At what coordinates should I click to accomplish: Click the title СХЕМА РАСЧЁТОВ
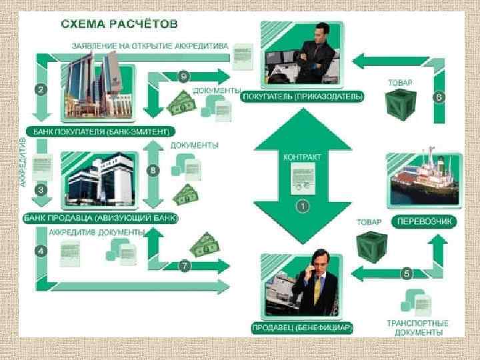[x=119, y=25]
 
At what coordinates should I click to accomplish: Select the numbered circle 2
[x=41, y=89]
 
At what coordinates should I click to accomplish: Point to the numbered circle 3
[x=41, y=189]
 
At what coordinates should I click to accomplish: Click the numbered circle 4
[x=41, y=251]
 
